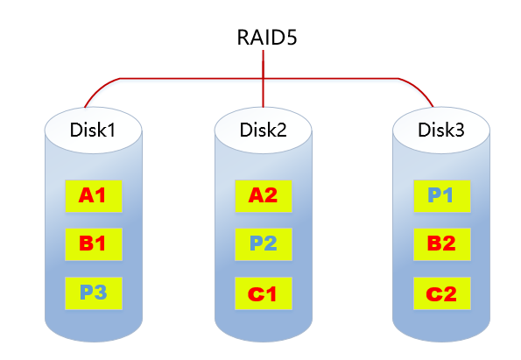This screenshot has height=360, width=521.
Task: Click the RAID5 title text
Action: pos(264,38)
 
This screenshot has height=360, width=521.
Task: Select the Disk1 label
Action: pos(93,131)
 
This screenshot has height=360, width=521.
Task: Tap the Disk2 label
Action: pos(264,131)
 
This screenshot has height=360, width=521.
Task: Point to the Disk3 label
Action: pos(440,131)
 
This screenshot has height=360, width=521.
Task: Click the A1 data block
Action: pos(93,196)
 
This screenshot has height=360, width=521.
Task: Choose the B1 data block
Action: pos(93,244)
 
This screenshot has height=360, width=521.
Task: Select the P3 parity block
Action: pos(93,292)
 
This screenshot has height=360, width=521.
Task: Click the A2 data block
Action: pos(264,196)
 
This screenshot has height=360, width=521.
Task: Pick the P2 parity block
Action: pos(264,244)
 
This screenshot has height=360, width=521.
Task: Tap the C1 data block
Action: pos(264,292)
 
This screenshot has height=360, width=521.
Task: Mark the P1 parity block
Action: pos(440,196)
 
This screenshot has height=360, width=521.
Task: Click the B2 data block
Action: pos(440,244)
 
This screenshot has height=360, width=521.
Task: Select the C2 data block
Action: pos(440,292)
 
